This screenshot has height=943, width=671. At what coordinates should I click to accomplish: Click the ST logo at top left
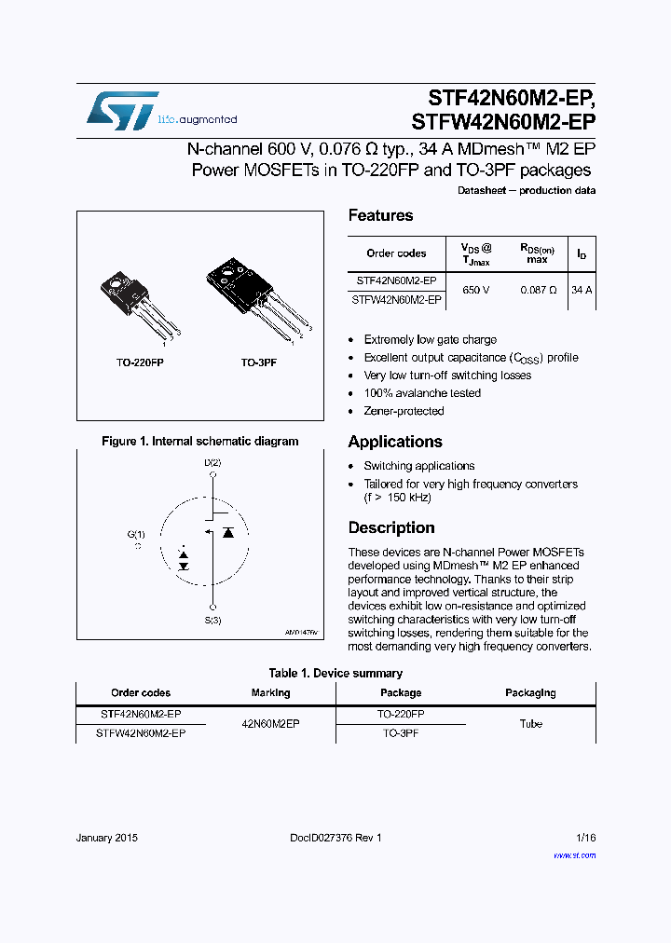click(x=122, y=110)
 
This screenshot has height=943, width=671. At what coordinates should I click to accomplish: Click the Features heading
click(x=380, y=215)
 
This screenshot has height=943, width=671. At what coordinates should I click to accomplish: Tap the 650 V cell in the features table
click(x=475, y=290)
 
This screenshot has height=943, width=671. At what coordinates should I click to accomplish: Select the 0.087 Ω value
click(x=539, y=290)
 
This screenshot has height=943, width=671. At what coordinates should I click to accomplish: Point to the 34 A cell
click(x=582, y=290)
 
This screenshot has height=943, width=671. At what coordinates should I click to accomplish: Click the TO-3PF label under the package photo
click(x=259, y=362)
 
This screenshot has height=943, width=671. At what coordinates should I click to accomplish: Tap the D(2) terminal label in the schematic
click(x=212, y=462)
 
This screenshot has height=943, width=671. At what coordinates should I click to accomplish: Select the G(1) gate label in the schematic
click(x=136, y=534)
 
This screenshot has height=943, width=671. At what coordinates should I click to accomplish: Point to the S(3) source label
click(x=212, y=621)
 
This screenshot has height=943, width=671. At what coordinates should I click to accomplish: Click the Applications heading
click(x=395, y=442)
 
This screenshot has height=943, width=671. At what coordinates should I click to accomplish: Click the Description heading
click(x=391, y=527)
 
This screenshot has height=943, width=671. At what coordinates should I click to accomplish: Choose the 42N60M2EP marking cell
click(x=270, y=723)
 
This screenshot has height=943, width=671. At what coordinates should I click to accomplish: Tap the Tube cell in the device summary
click(x=530, y=723)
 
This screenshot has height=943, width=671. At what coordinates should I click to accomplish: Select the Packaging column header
click(x=530, y=692)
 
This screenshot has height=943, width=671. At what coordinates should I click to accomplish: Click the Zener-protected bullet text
click(x=404, y=411)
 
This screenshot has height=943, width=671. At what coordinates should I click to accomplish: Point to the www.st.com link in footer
click(x=574, y=854)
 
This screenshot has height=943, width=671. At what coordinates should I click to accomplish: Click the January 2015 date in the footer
click(x=106, y=838)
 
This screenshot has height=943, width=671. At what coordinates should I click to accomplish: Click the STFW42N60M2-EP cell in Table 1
click(x=141, y=733)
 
